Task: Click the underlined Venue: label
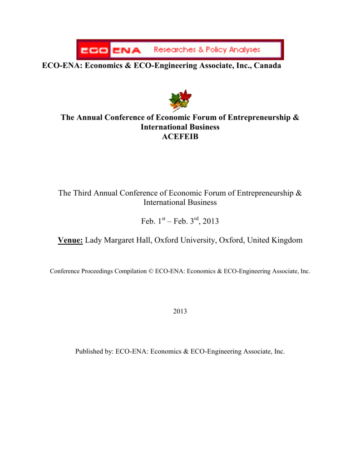click(70, 240)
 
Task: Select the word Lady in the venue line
click(94, 240)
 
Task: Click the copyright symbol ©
click(151, 271)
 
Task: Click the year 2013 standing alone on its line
click(180, 311)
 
